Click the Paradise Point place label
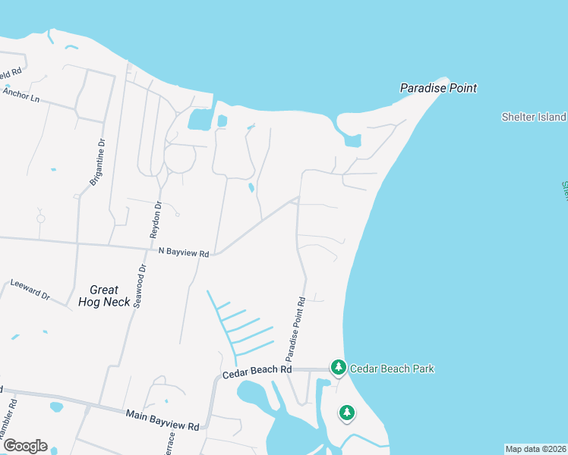click(x=438, y=88)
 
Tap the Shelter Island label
click(x=534, y=117)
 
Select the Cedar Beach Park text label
click(x=392, y=369)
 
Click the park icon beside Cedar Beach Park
click(x=338, y=368)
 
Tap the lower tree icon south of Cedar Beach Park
click(x=347, y=413)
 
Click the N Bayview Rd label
click(x=183, y=252)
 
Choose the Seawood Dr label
click(x=139, y=286)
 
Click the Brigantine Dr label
click(x=96, y=163)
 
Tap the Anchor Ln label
click(x=20, y=95)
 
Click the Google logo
click(x=24, y=446)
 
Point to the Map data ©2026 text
click(x=535, y=449)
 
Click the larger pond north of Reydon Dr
click(x=199, y=119)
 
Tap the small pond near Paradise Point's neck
click(x=352, y=140)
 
